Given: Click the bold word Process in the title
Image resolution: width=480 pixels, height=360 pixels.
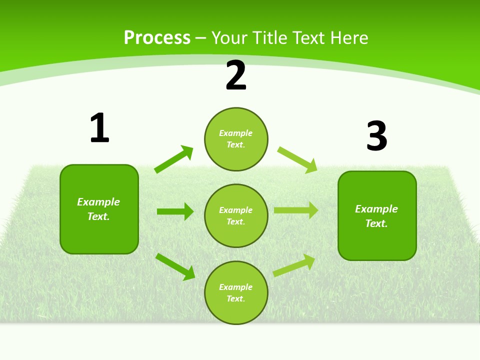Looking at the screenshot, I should click(x=157, y=38).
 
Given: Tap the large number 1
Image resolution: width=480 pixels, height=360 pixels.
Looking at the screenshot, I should click(x=99, y=128).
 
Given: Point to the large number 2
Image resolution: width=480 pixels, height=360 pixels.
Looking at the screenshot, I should click(x=236, y=76).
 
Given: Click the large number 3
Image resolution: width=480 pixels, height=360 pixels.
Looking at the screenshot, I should click(x=376, y=136).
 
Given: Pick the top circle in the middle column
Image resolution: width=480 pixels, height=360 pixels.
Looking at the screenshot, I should click(x=236, y=139).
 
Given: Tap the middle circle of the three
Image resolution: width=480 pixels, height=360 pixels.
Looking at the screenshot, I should click(x=236, y=215).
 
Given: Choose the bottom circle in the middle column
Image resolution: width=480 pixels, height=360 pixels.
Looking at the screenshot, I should click(x=236, y=292).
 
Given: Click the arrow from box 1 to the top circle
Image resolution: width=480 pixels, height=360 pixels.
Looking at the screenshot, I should click(x=174, y=159).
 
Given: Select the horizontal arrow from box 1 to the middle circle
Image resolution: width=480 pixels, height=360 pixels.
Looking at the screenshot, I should click(x=175, y=211).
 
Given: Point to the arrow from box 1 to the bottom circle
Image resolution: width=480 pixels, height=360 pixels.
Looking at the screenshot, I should click(x=175, y=266).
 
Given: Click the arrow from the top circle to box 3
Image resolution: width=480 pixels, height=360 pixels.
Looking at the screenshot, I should click(x=297, y=159).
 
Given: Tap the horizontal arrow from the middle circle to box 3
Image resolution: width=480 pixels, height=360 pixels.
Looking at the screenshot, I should click(x=296, y=210).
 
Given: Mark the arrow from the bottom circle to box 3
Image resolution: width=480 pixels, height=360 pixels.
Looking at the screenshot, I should click(x=294, y=265).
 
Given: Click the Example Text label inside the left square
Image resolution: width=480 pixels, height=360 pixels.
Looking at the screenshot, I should click(x=98, y=209).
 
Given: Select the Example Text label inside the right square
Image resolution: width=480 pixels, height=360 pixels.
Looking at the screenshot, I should click(x=376, y=216).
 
